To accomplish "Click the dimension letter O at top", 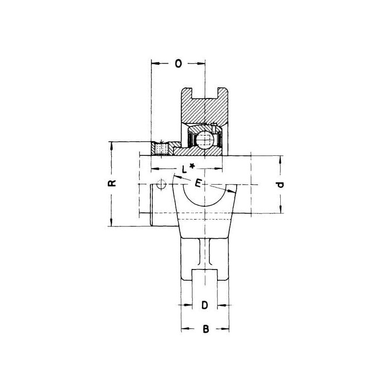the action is [x=178, y=64].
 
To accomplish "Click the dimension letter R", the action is [x=112, y=183].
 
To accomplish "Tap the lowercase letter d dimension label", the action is [x=280, y=185].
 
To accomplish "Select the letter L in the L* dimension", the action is [x=184, y=170].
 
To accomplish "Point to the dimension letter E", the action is [x=198, y=183].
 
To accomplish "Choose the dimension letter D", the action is [x=205, y=305].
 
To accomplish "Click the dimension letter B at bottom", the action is [x=205, y=329].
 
